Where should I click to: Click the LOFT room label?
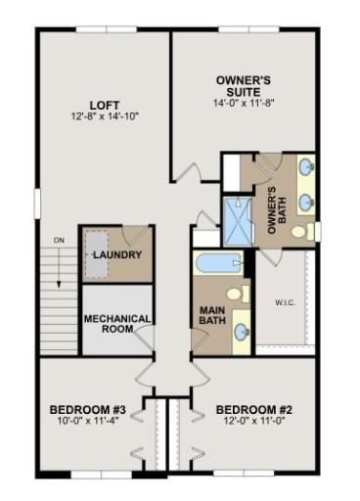click(105, 106)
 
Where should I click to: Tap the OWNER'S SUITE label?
click(244, 85)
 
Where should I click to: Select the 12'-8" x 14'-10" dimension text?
click(106, 116)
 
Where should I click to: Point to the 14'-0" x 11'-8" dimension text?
click(244, 103)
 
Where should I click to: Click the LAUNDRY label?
click(117, 254)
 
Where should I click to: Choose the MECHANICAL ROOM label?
click(117, 324)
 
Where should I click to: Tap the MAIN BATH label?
click(212, 315)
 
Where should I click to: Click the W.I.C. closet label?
click(286, 302)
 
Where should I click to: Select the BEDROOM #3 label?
click(88, 410)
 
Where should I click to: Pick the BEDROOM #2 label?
click(254, 410)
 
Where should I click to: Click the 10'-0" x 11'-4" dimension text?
click(88, 421)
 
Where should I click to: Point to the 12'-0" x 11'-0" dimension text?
click(254, 421)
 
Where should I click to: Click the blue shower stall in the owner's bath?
click(238, 221)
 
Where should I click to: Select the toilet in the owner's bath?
click(302, 231)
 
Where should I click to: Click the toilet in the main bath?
click(238, 294)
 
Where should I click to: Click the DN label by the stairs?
click(59, 241)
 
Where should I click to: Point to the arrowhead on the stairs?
click(59, 284)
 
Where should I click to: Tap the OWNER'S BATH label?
click(277, 210)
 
